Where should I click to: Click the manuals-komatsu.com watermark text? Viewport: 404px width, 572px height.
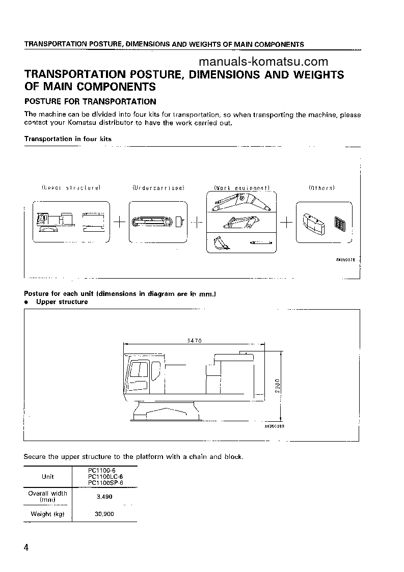point(263,62)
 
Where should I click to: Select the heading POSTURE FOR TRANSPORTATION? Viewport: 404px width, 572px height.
point(90,101)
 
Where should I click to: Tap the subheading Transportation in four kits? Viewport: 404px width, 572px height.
point(68,139)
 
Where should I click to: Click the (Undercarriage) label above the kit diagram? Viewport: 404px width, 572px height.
point(158,188)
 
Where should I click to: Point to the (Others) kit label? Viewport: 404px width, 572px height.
point(321,188)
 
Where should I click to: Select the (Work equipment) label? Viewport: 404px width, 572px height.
point(241,188)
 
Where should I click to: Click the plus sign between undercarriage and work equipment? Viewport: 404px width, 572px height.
point(197,222)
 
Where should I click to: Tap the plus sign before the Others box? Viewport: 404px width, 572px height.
point(286,222)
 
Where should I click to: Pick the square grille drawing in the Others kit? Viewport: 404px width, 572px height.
point(339,223)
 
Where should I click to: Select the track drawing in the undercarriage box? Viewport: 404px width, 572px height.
point(152,222)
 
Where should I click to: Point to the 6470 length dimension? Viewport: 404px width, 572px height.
point(194,341)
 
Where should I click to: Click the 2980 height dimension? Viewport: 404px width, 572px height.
point(276,384)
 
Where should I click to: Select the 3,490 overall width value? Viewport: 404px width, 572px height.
point(104,497)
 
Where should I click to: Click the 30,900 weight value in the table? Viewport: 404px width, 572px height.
point(104,514)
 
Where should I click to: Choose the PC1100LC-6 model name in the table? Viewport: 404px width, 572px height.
point(105,476)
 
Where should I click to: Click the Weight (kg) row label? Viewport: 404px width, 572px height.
point(48,514)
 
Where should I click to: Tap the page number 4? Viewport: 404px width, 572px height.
point(26,548)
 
